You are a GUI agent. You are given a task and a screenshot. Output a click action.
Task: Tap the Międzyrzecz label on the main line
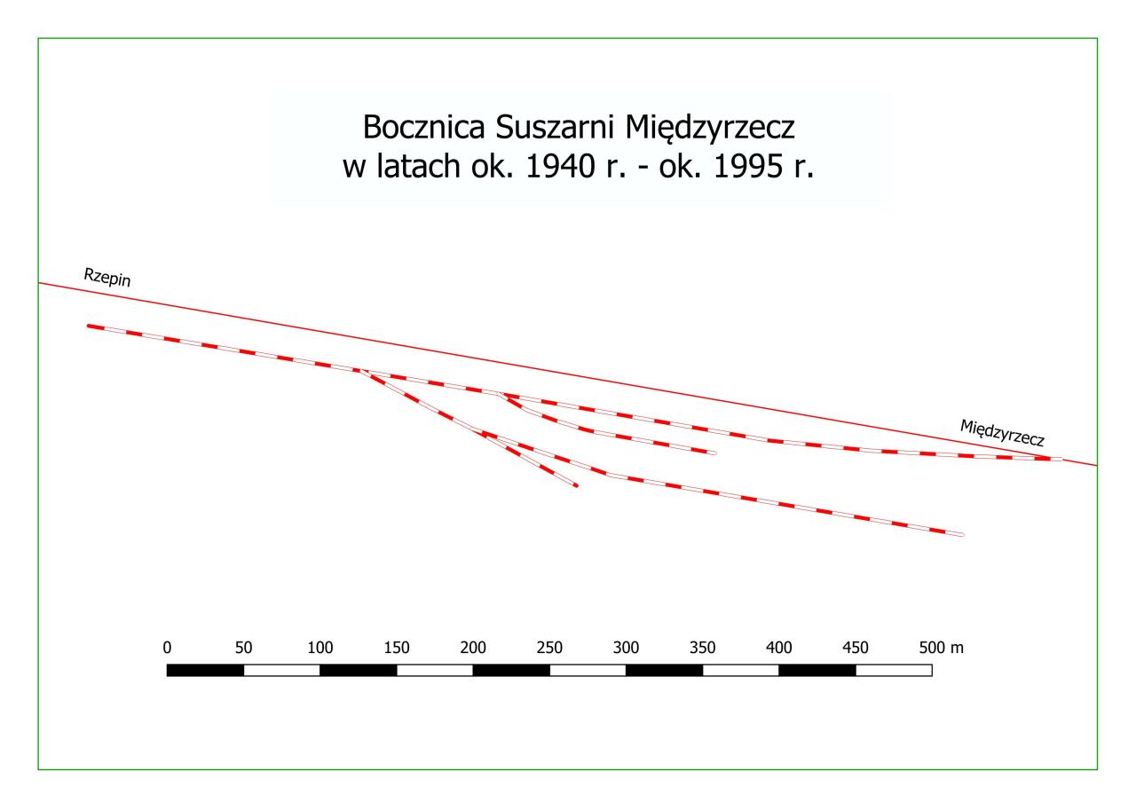1003,432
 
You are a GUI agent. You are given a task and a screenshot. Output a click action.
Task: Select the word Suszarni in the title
546,128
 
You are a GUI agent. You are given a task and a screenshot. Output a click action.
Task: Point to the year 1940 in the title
558,168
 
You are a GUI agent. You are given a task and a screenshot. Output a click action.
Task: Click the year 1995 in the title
743,168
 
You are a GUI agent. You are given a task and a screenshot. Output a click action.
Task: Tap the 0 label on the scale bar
167,648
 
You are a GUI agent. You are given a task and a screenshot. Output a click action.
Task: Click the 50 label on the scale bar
243,648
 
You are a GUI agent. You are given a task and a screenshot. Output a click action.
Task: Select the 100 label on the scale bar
319,648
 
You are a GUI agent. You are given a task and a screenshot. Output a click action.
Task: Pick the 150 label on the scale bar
396,648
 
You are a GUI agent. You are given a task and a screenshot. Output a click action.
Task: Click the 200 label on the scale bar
473,648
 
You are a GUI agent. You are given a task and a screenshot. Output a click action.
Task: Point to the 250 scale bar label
549,648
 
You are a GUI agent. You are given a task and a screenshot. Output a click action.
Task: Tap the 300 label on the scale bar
626,648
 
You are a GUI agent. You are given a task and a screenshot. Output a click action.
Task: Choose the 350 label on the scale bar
702,648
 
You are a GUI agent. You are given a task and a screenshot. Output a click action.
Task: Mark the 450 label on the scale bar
856,648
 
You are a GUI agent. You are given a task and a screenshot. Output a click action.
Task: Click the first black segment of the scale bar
205,670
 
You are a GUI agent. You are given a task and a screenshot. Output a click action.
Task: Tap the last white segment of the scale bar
894,670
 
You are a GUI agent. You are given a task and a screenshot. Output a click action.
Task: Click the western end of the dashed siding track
89,326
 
